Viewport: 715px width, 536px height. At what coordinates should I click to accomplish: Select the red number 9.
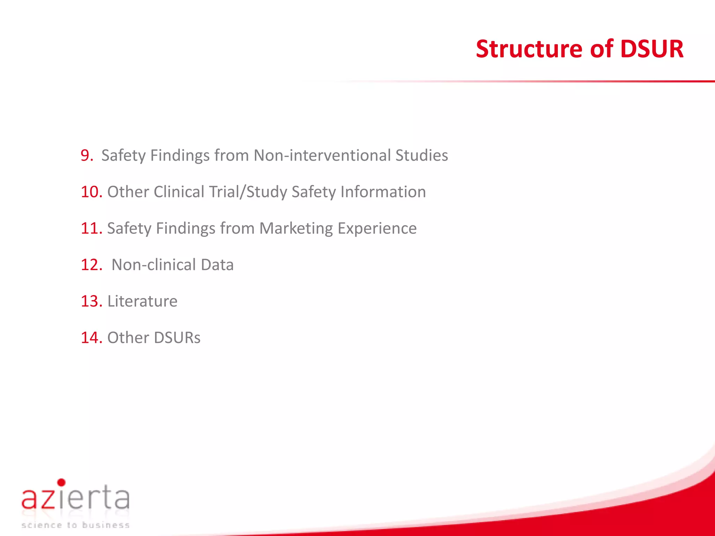[86, 155]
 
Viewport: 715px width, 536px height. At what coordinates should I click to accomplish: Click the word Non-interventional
[322, 155]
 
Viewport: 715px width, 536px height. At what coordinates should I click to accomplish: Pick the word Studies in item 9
[421, 155]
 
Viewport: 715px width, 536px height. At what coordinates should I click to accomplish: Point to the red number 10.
[91, 192]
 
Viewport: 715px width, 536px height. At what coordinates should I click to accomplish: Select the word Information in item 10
[383, 192]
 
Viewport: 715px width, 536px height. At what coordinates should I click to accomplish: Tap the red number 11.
[91, 228]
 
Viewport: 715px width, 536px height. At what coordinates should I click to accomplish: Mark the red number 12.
[91, 265]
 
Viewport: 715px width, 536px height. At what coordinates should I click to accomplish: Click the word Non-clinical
[154, 265]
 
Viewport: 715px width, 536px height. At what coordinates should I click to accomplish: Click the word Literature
[142, 301]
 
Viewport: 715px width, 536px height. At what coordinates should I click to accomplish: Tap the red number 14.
[91, 338]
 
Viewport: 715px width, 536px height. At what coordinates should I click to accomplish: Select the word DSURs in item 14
[177, 338]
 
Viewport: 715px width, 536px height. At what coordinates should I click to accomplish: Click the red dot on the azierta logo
[61, 483]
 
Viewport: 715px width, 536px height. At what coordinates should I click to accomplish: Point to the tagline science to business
[75, 525]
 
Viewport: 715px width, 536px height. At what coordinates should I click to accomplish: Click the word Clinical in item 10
[179, 192]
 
